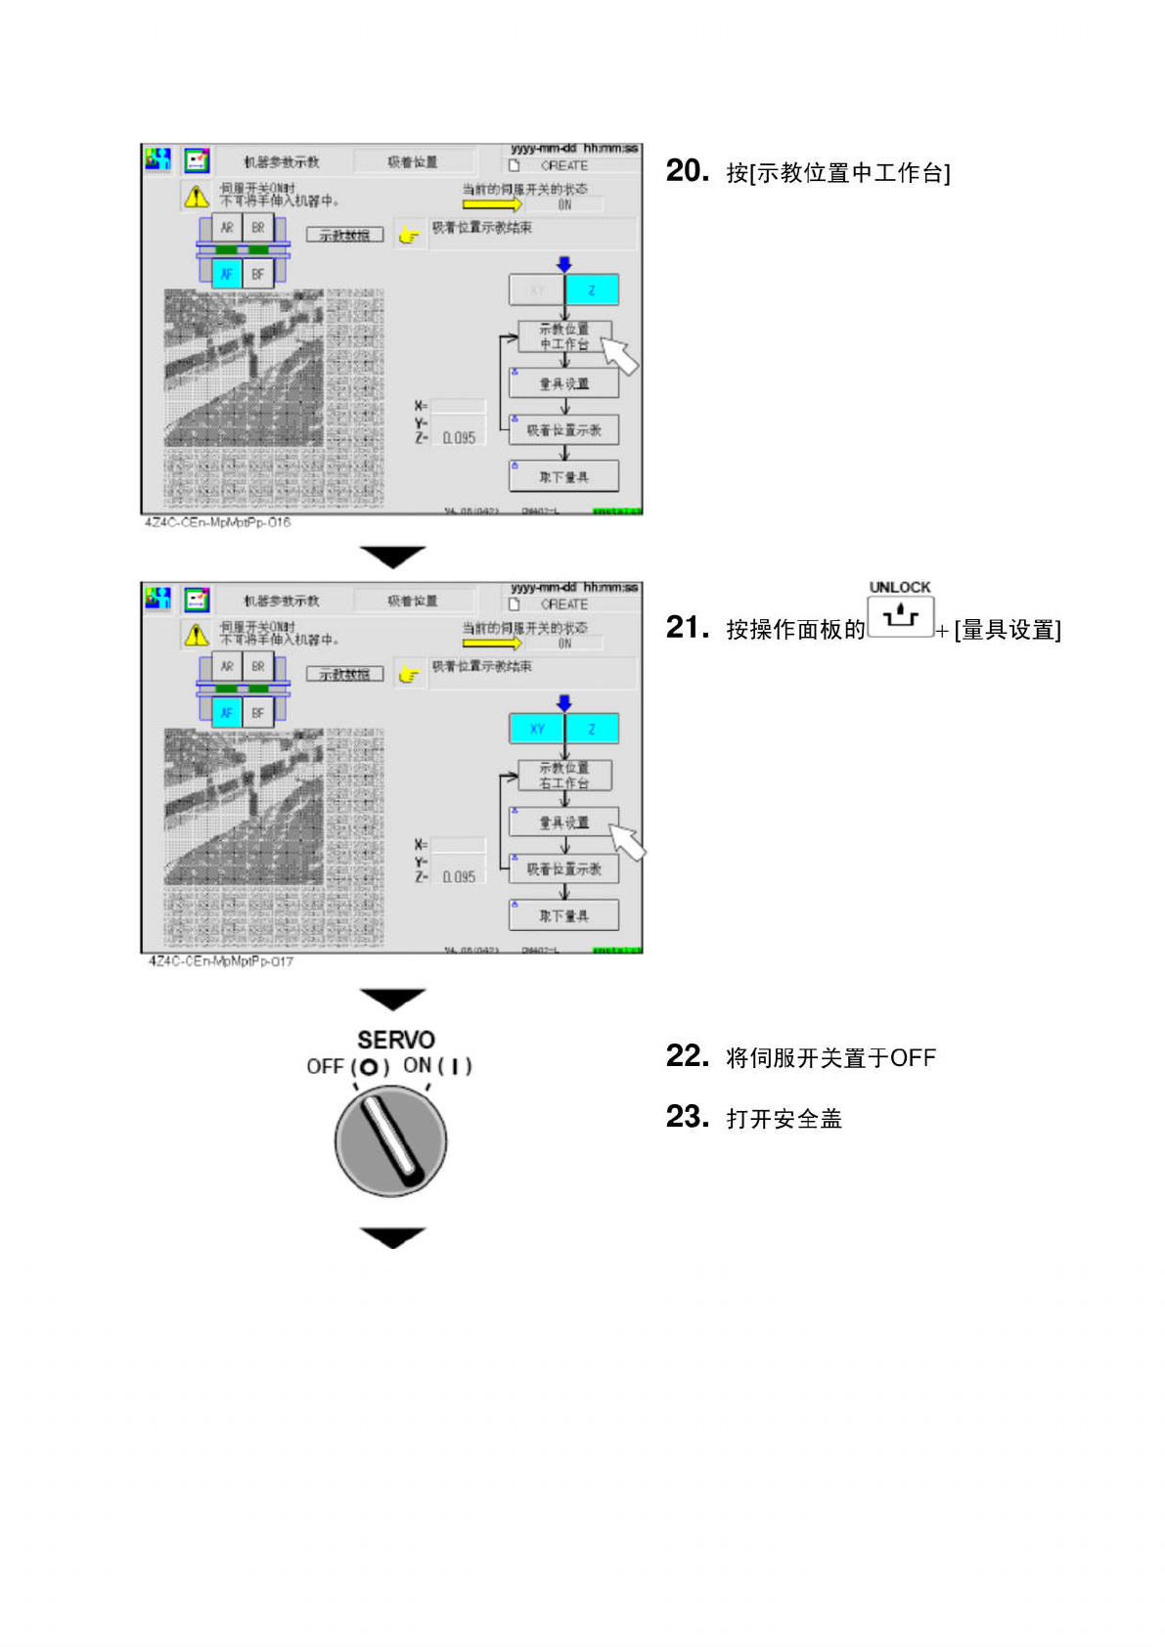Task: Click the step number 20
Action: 687,170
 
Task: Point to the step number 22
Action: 687,1055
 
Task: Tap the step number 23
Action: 687,1116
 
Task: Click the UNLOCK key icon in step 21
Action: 900,617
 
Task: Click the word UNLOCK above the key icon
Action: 900,587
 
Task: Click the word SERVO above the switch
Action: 395,1040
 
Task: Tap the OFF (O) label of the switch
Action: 347,1066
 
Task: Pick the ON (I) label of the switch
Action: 437,1065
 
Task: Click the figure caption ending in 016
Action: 217,522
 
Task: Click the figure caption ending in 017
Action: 220,961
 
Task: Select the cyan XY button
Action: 537,729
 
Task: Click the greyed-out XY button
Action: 537,290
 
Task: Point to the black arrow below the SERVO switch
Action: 392,1237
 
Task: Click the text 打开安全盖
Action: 784,1119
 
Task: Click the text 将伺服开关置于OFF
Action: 830,1058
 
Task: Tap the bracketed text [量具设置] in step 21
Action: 1008,630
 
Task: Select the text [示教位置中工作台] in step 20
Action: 838,173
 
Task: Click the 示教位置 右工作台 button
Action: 563,776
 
